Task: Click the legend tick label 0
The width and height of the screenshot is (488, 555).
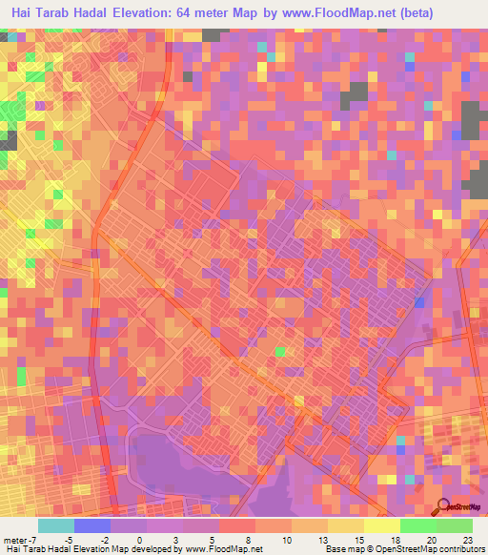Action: click(x=140, y=540)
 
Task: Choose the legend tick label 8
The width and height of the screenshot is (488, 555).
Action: click(x=249, y=540)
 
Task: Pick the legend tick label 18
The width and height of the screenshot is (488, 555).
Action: click(x=394, y=540)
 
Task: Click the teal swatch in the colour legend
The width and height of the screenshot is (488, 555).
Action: click(x=56, y=525)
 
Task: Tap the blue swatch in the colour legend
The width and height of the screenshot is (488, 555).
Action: click(x=92, y=525)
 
